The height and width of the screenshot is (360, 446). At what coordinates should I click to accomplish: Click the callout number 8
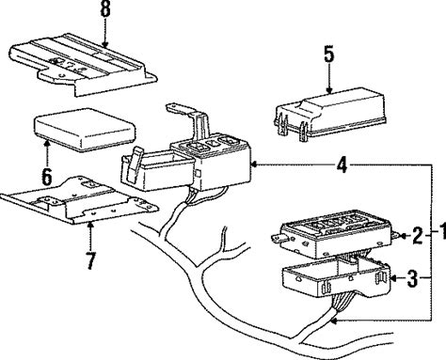click(105, 9)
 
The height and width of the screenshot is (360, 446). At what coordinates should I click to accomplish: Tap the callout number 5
click(329, 55)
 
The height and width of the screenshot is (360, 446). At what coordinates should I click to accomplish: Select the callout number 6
click(47, 177)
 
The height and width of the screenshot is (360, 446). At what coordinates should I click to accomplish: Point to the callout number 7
click(90, 260)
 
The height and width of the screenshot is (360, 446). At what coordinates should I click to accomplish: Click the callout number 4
click(342, 164)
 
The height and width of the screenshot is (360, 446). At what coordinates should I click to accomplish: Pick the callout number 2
click(417, 236)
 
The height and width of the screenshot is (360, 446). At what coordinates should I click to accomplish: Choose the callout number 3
click(412, 278)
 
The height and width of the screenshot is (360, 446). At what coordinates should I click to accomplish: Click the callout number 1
click(442, 232)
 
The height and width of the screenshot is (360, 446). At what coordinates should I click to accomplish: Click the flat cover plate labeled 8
click(83, 63)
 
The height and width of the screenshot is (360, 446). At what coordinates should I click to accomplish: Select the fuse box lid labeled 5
click(330, 114)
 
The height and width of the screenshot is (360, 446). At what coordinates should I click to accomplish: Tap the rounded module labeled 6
click(85, 129)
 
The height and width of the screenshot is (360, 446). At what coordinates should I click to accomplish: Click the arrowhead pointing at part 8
click(104, 44)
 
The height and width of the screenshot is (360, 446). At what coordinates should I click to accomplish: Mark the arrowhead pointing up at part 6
click(47, 144)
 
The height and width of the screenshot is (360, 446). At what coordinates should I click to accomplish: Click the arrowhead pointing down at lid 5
click(329, 90)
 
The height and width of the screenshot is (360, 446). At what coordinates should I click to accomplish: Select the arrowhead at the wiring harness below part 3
click(334, 321)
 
